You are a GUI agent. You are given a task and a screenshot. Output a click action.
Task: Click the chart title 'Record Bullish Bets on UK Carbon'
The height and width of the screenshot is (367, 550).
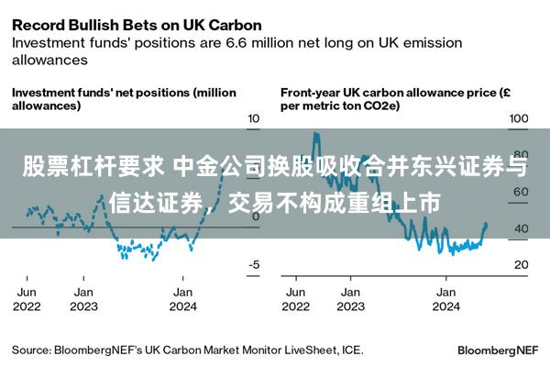tap(137, 26)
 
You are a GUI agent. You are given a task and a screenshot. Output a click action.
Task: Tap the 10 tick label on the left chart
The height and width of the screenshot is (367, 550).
tap(253, 118)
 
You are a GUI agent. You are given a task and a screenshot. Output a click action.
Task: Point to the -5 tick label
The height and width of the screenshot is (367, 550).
tap(254, 264)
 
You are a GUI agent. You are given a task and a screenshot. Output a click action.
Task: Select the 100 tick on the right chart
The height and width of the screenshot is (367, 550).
tap(519, 118)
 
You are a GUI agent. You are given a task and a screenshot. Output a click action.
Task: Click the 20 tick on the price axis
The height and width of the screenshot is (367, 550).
tap(522, 264)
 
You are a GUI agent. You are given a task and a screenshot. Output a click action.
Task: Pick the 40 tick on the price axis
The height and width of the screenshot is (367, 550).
tap(522, 228)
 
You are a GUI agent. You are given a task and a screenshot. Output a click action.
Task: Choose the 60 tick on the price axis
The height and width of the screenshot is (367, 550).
tap(522, 192)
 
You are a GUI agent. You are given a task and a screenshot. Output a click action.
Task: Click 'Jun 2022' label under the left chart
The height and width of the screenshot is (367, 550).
tap(27, 299)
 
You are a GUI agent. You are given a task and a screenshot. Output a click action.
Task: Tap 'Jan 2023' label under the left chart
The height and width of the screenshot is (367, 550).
tap(83, 299)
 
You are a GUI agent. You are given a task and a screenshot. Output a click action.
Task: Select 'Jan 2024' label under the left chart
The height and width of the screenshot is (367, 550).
tap(182, 299)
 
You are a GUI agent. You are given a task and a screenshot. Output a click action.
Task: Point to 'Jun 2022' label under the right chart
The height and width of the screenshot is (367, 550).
tap(296, 299)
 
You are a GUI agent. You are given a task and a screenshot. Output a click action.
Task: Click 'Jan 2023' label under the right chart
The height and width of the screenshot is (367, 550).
tap(351, 299)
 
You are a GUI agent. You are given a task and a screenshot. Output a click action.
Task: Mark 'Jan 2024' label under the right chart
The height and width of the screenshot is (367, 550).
tap(446, 299)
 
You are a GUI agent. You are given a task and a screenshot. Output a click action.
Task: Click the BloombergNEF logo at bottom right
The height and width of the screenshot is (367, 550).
tap(498, 350)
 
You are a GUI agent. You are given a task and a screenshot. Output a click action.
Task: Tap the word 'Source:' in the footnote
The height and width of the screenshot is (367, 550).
tap(31, 350)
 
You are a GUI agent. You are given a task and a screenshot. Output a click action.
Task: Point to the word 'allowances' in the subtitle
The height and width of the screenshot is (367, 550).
tap(49, 60)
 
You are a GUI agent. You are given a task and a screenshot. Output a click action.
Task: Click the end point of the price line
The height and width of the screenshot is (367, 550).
tap(486, 224)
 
